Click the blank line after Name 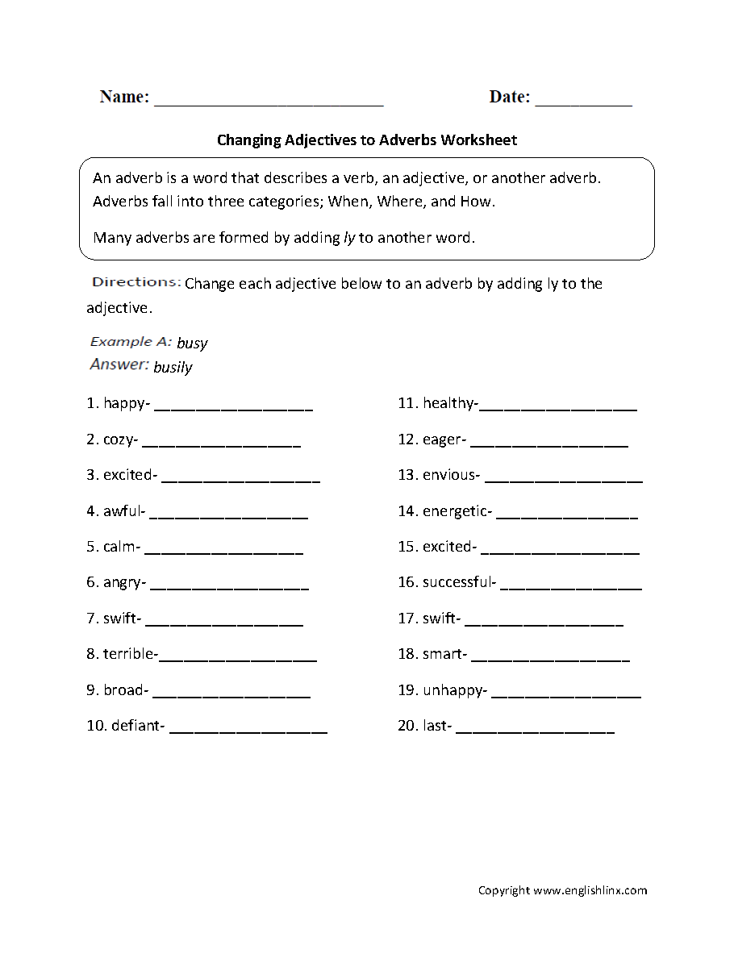point(269,103)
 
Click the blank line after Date point(583,103)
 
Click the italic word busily point(173,368)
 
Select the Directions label point(136,282)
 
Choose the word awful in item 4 point(122,510)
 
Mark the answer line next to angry point(230,586)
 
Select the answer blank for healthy point(558,408)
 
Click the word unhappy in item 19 point(452,690)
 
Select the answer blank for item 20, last point(536,731)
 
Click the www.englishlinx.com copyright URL point(590,890)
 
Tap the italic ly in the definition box point(349,238)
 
